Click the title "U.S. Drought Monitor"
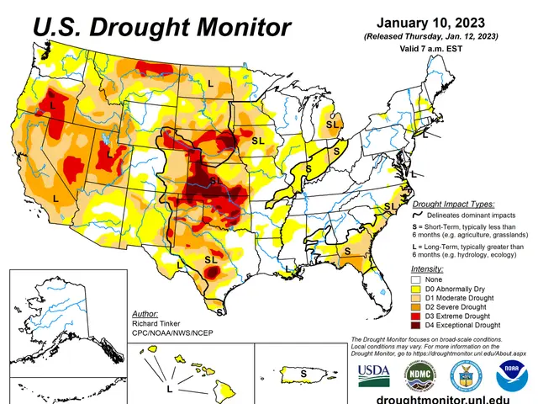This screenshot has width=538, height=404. point(161,28)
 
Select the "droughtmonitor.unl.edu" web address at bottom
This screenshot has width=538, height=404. point(443,396)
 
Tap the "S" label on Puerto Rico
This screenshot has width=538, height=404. point(303,371)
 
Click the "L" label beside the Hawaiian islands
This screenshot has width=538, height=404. point(169,390)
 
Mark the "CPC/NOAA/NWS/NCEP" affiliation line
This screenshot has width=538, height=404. point(173,332)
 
